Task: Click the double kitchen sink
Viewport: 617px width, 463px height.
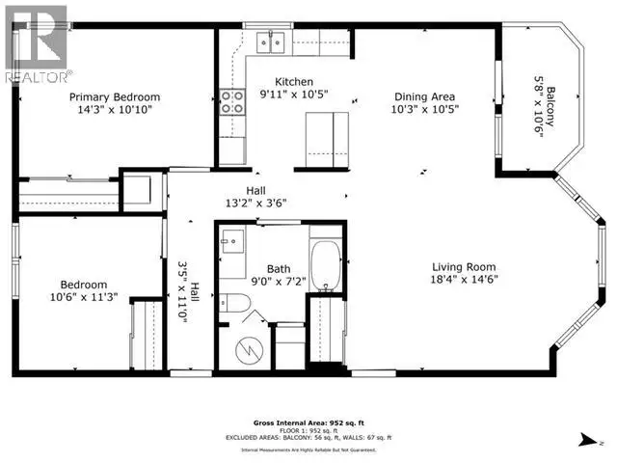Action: point(270,41)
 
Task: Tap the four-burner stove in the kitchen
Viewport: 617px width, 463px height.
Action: point(232,101)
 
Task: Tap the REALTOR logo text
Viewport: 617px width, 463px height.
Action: point(38,74)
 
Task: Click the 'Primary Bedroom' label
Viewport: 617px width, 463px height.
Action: point(114,97)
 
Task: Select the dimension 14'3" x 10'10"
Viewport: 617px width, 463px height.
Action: point(114,110)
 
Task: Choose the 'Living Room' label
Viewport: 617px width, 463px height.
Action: point(464,267)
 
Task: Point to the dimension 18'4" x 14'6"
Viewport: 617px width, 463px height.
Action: point(464,280)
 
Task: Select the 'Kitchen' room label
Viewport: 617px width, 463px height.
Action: point(294,82)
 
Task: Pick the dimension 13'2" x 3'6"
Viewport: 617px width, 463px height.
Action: point(255,203)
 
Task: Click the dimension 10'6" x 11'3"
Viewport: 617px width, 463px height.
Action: point(64,298)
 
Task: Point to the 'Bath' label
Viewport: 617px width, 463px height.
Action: point(278,271)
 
